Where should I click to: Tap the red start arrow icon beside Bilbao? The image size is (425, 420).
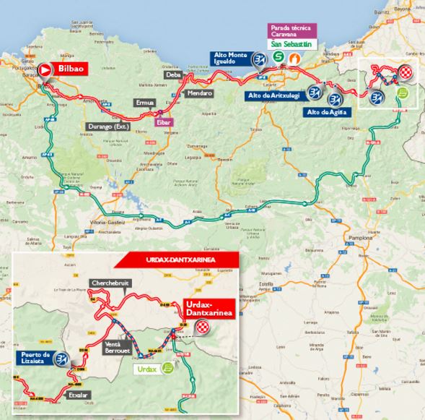pos(45,69)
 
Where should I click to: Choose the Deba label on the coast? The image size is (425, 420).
pos(173,74)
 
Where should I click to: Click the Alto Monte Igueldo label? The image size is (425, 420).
pos(230,59)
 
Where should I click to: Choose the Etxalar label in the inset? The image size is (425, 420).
pos(79,397)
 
